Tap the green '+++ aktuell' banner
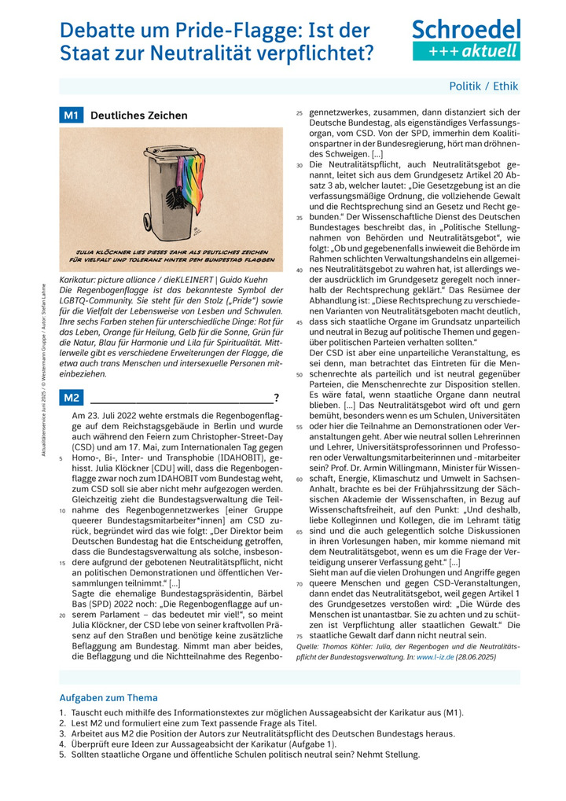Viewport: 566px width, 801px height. [x=466, y=51]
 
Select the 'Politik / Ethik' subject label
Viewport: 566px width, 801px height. [x=483, y=86]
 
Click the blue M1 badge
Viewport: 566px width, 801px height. [x=72, y=116]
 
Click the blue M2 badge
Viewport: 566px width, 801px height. [x=72, y=398]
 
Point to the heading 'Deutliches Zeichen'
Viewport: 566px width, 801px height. [x=139, y=116]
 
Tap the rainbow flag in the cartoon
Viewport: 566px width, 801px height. [x=191, y=186]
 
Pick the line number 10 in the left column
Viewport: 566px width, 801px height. [x=61, y=510]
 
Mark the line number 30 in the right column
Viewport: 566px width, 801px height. [x=300, y=166]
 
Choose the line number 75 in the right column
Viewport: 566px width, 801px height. [x=300, y=635]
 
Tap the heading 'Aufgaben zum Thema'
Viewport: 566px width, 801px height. [x=108, y=697]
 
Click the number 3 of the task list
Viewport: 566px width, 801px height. [x=62, y=733]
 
